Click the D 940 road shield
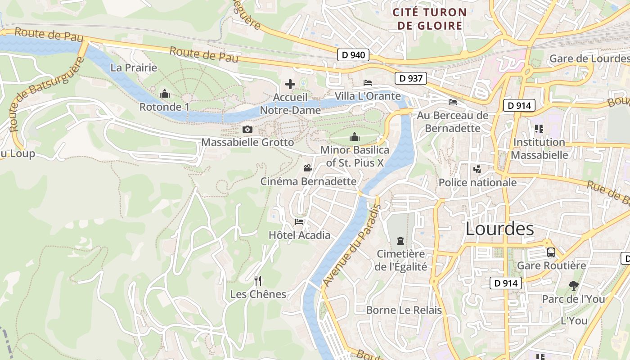(353, 55)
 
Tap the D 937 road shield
(410, 78)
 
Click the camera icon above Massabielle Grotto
(247, 130)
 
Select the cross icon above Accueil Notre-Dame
(290, 84)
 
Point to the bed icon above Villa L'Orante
(368, 83)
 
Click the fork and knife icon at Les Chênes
(258, 281)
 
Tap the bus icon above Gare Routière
(551, 252)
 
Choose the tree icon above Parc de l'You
(573, 285)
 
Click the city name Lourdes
(499, 229)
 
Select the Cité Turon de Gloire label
(429, 19)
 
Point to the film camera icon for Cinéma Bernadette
(308, 168)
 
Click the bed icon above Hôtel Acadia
(299, 221)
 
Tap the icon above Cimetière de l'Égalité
(400, 241)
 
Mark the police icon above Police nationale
(477, 169)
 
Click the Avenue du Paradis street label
(352, 245)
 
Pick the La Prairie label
(134, 68)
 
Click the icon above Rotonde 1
(165, 94)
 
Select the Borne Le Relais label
(404, 310)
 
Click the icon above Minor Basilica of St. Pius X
(355, 137)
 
